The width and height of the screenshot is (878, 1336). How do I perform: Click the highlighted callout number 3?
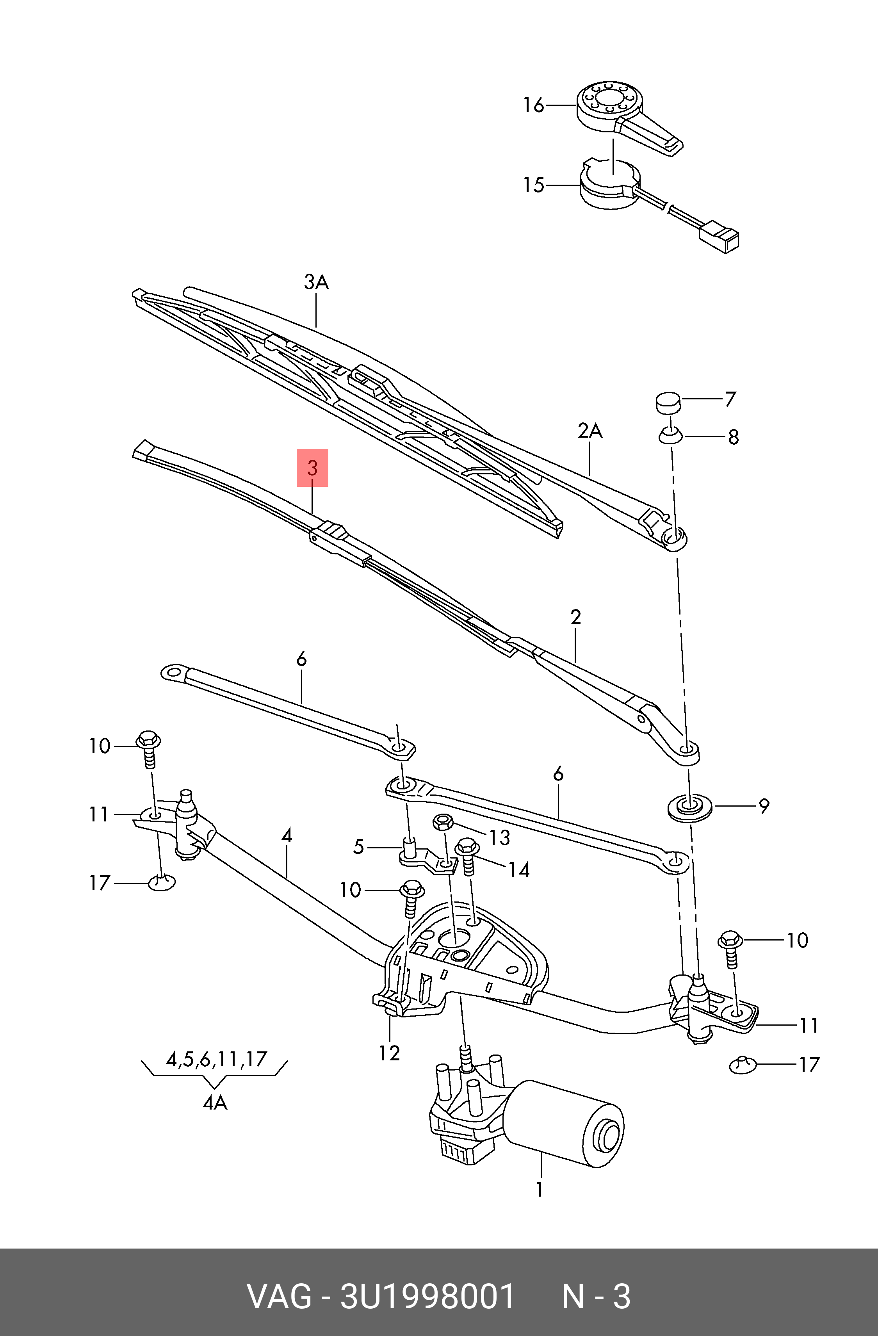(313, 468)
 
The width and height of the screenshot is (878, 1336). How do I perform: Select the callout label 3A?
(316, 282)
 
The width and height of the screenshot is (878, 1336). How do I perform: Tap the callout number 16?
(533, 105)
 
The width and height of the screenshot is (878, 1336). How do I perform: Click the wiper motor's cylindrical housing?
(567, 1123)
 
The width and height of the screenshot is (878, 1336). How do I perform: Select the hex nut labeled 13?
(443, 823)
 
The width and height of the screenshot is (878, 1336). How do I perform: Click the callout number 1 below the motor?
(540, 1190)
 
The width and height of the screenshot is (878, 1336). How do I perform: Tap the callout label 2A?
(590, 431)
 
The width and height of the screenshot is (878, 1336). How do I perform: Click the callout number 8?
(733, 437)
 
